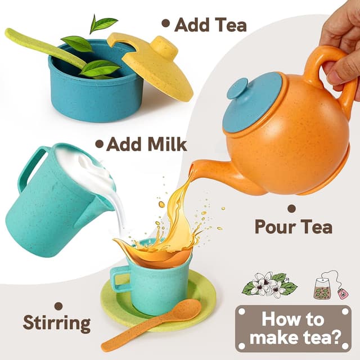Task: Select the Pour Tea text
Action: coord(293,226)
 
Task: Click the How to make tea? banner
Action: coord(292,329)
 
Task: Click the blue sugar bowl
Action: coord(93,93)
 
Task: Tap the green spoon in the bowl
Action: coord(39,45)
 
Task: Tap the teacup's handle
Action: coord(120,280)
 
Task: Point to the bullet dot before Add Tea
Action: coord(165,23)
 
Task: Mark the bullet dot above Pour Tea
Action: coord(291,208)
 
